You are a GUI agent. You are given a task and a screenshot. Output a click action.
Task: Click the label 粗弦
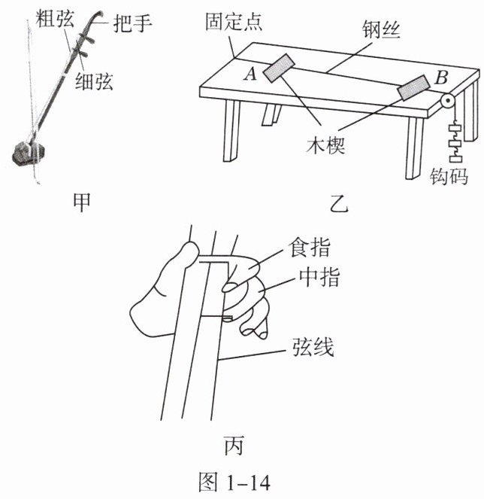(55, 19)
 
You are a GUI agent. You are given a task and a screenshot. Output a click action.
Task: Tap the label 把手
(132, 23)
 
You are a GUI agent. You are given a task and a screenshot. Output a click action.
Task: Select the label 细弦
(94, 81)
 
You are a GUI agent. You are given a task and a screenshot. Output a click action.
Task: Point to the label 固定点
(234, 22)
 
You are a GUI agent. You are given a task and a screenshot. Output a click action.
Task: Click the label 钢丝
(381, 30)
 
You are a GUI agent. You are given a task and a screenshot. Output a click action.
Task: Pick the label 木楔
(325, 146)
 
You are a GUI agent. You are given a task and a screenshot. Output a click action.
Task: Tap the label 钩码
(449, 176)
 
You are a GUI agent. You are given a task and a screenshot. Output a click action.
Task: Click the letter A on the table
(251, 74)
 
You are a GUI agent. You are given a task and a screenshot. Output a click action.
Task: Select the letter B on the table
(442, 78)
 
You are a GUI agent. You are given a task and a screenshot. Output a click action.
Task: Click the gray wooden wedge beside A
(279, 68)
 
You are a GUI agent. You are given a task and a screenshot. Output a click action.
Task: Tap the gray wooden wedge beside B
(413, 87)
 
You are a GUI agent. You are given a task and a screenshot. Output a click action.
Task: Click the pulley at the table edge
(448, 102)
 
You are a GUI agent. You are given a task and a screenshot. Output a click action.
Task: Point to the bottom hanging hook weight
(456, 158)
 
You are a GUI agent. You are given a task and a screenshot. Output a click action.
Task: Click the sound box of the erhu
(28, 154)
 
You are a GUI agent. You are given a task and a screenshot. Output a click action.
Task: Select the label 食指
(309, 248)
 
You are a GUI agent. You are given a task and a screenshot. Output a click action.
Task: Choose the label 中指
(319, 277)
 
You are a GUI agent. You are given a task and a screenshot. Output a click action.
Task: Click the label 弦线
(313, 346)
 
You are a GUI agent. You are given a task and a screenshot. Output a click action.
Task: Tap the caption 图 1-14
(234, 482)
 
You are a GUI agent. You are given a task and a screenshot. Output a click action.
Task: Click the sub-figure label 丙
(234, 446)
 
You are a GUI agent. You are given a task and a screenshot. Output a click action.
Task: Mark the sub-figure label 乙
(340, 203)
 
